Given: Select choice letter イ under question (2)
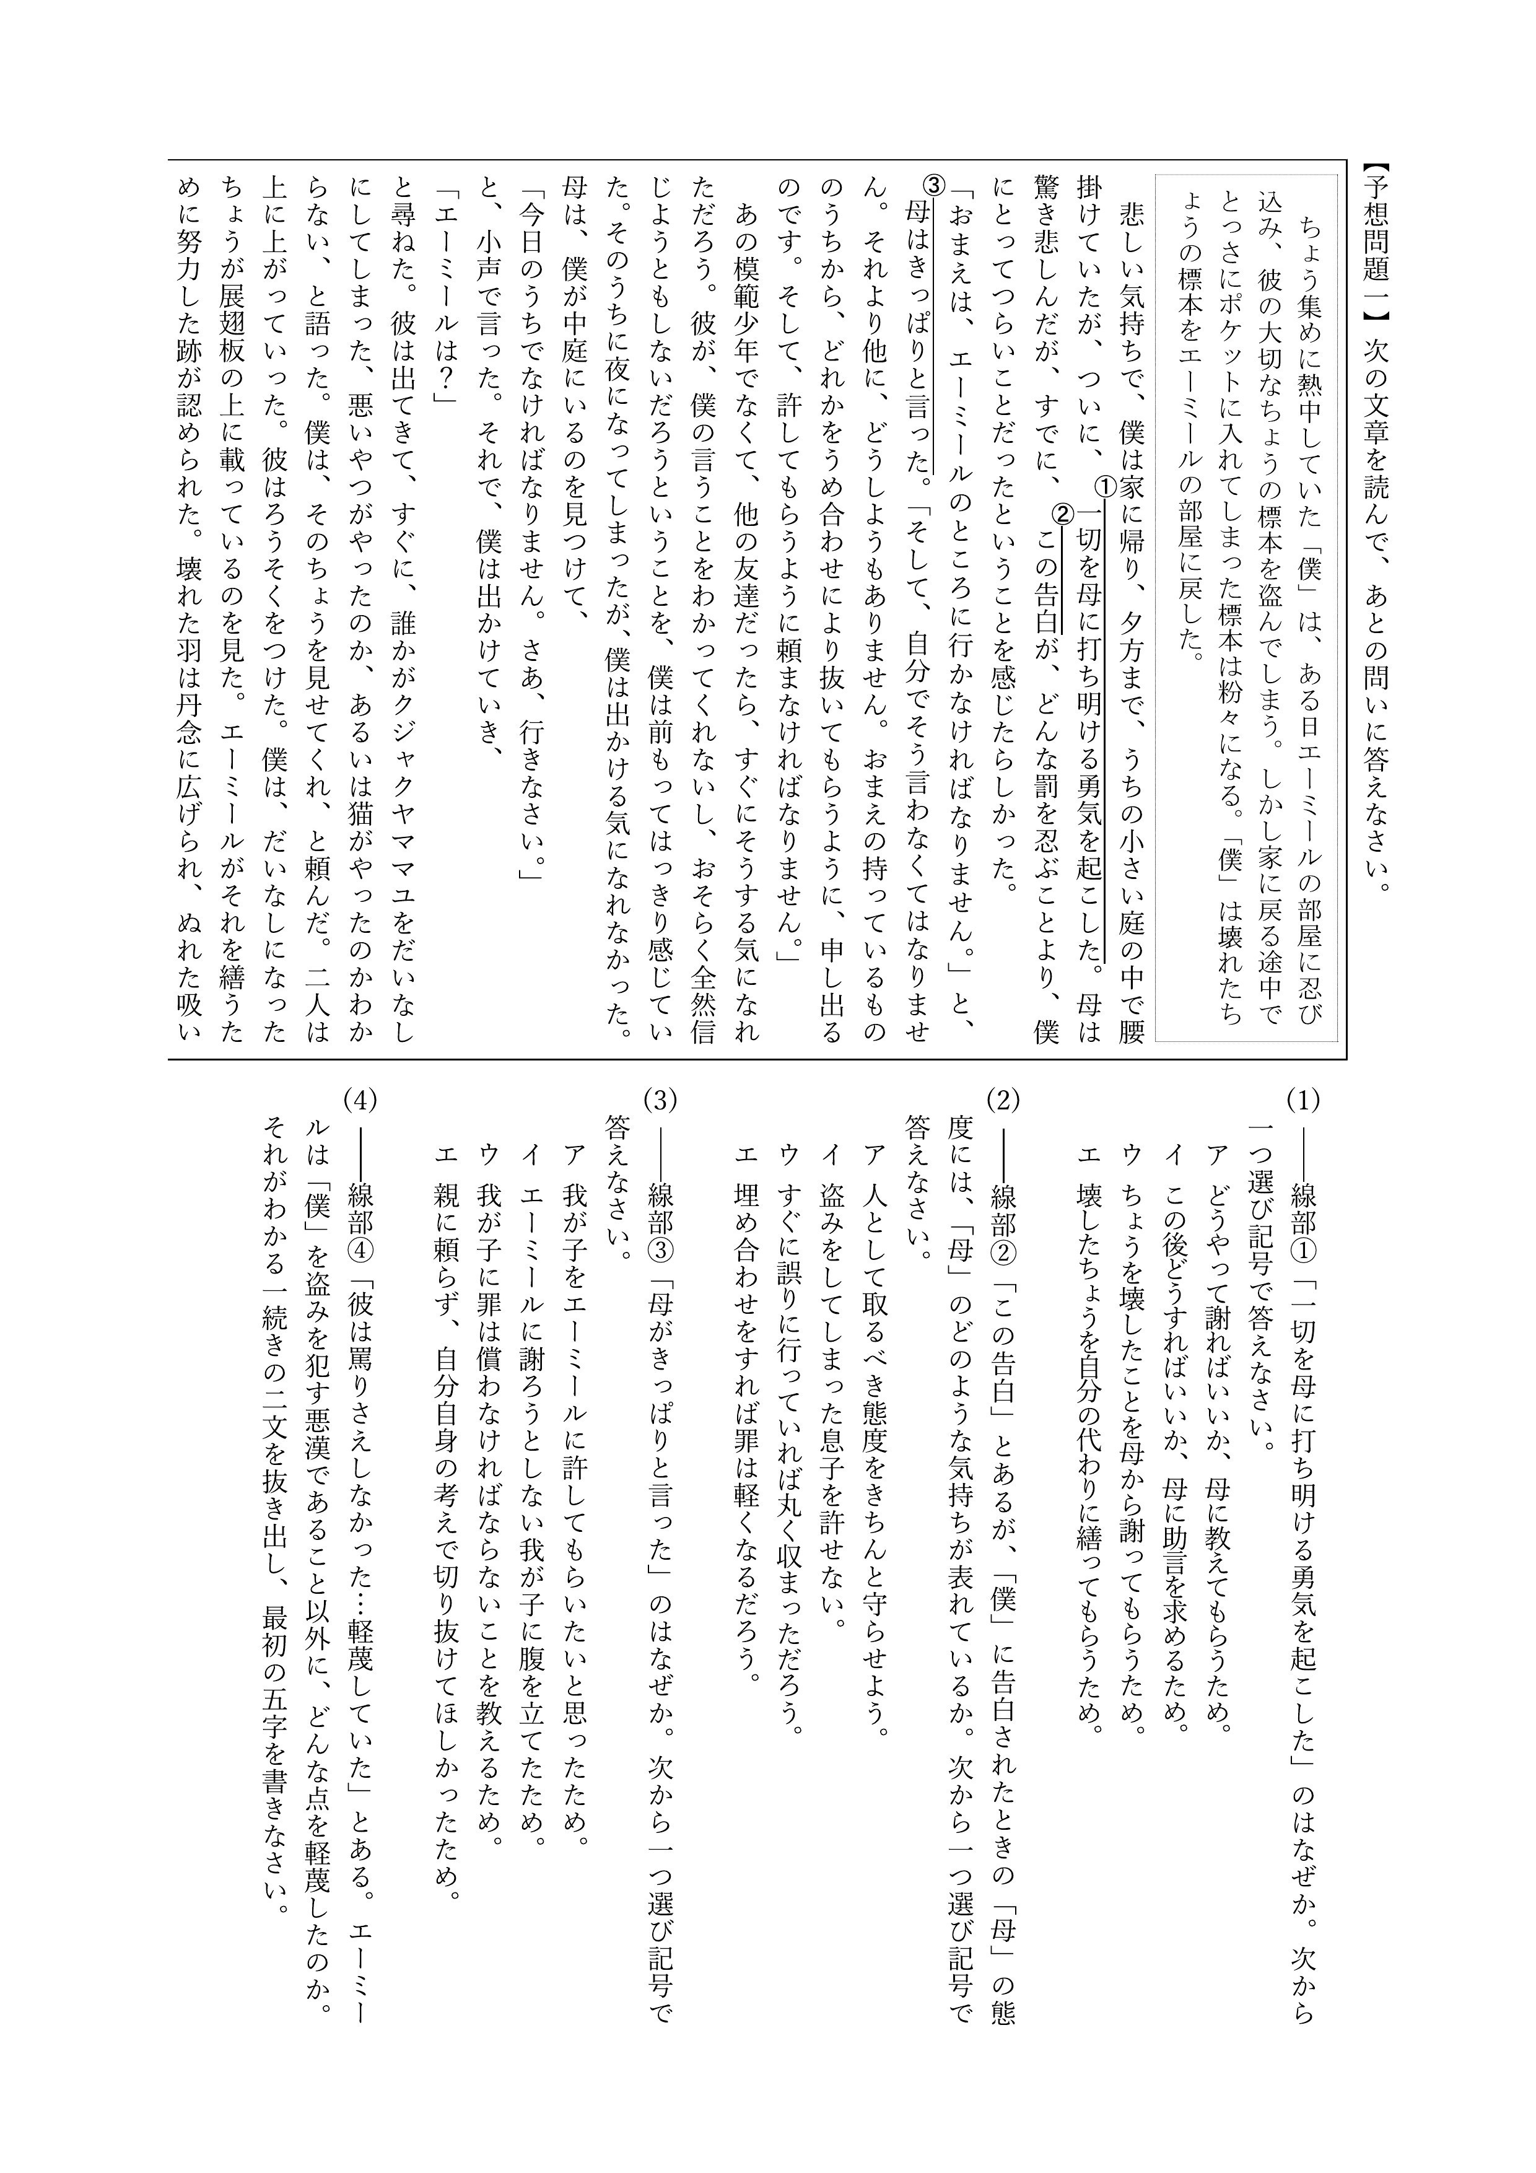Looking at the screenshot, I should pyautogui.click(x=831, y=1156).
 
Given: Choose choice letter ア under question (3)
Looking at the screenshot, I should pyautogui.click(x=574, y=1156).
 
